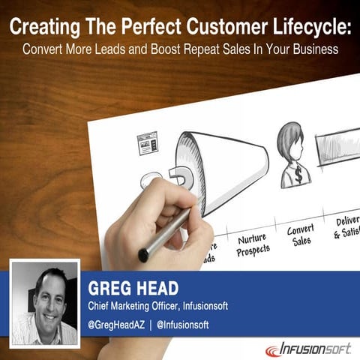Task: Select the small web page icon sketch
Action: tap(147, 142)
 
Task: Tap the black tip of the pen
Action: tap(143, 256)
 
